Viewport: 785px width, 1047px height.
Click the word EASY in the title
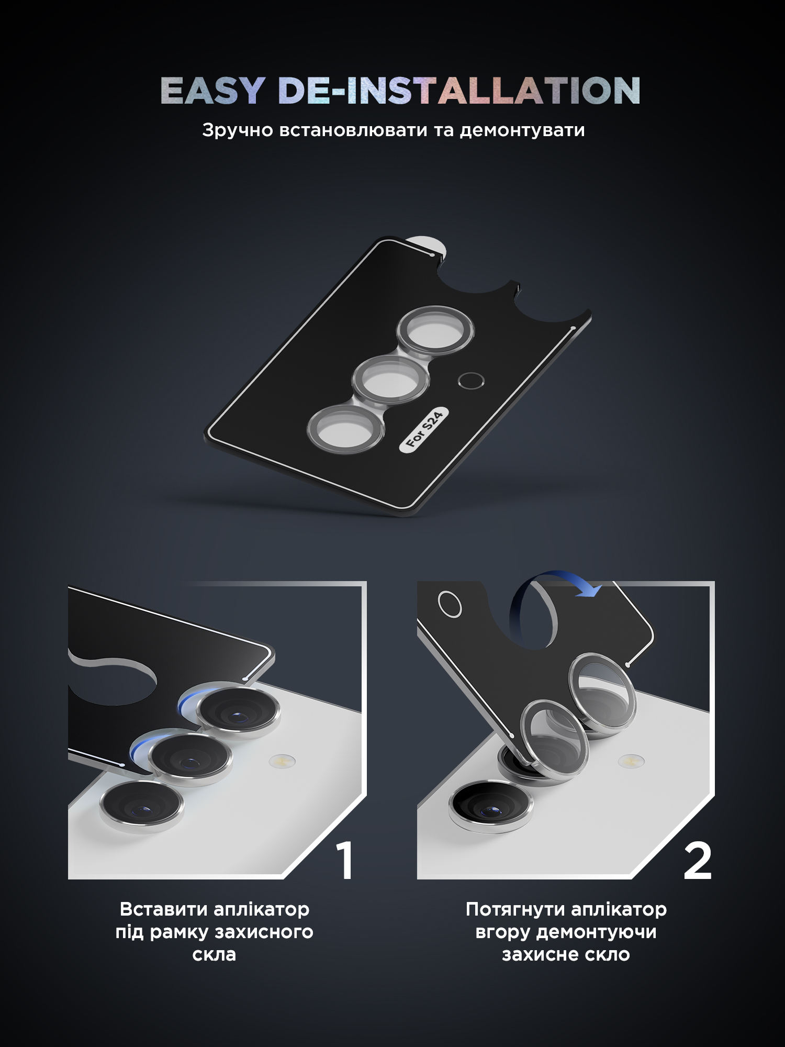212,91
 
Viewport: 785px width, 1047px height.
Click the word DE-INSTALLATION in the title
459,91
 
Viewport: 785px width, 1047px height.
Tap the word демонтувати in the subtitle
522,130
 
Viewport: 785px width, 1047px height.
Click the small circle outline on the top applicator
470,381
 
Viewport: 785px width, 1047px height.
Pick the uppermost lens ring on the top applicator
435,331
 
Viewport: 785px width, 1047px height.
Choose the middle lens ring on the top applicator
390,378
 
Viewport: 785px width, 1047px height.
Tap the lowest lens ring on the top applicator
345,429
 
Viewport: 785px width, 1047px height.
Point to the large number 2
698,861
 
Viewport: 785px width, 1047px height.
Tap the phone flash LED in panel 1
282,760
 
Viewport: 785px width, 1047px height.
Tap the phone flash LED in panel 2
631,760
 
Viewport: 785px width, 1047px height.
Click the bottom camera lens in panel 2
490,805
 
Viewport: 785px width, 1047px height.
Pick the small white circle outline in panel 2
450,604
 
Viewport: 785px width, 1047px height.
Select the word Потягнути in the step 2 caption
515,909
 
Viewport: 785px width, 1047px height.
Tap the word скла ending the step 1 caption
214,954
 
